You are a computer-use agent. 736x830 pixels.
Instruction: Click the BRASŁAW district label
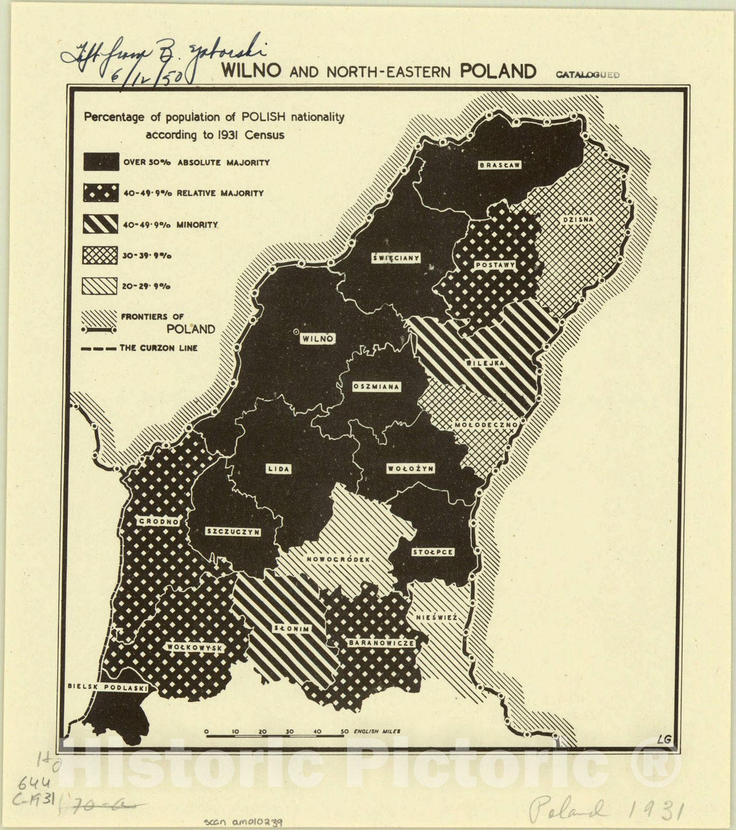[x=499, y=165]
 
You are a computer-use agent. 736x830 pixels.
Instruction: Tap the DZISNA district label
[x=577, y=219]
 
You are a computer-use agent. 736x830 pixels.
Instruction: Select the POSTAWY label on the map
[x=495, y=265]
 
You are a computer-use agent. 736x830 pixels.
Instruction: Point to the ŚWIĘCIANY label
[x=396, y=258]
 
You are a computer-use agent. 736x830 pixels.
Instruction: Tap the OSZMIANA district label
[x=376, y=386]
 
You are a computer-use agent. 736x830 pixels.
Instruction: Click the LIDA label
[x=279, y=469]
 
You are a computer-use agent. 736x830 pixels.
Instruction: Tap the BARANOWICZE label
[x=381, y=643]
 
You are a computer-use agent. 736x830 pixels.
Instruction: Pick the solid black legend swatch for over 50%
[x=101, y=162]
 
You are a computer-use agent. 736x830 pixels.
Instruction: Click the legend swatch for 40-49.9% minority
[x=101, y=224]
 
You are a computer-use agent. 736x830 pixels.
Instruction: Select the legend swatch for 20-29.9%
[x=101, y=286]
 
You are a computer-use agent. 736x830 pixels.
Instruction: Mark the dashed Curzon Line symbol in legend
[x=99, y=349]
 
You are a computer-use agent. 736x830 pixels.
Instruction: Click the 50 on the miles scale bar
[x=344, y=731]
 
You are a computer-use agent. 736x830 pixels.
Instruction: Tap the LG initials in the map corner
[x=662, y=739]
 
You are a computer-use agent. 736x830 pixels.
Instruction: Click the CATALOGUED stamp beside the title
[x=588, y=75]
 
